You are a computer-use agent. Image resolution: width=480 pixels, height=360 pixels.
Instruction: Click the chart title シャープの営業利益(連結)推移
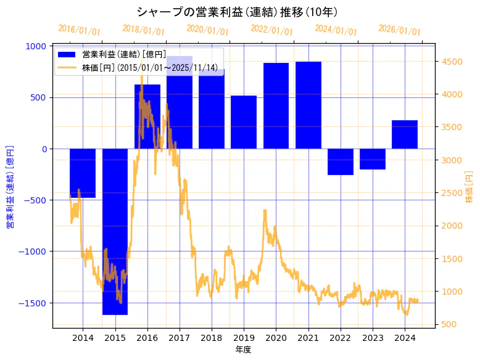point(237,12)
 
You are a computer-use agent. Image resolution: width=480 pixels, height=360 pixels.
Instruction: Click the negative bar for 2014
point(83,173)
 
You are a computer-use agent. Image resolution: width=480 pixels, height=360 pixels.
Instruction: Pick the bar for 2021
point(308,105)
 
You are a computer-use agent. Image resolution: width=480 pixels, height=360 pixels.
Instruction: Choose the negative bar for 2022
point(340,162)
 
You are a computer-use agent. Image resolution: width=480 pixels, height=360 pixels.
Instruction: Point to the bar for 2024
point(405,134)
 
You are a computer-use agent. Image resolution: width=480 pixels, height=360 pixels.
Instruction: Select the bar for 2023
point(373,158)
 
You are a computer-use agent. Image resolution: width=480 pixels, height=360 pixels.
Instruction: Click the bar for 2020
point(276,105)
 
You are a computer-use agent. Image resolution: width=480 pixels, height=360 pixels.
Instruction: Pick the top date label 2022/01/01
point(272,30)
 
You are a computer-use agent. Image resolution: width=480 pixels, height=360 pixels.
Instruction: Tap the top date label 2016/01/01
point(80,30)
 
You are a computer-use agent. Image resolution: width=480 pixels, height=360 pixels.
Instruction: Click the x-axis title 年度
point(243,350)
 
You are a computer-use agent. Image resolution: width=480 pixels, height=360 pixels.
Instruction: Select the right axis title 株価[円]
point(469,188)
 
